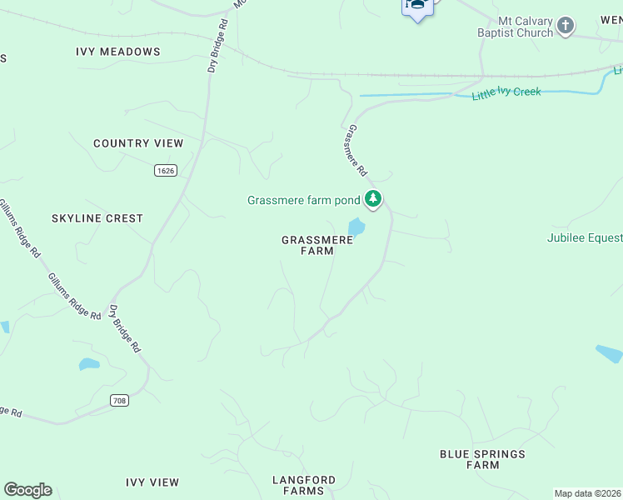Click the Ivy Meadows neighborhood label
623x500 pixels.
[x=117, y=52]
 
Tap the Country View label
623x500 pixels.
[x=138, y=143]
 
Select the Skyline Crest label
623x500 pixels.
[x=97, y=218]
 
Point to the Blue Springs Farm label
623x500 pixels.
[x=483, y=459]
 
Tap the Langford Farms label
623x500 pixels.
[x=304, y=485]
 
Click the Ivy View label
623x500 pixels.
[x=152, y=482]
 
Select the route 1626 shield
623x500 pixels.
[x=165, y=170]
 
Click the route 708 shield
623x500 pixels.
[x=120, y=401]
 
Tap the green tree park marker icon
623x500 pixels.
[x=374, y=199]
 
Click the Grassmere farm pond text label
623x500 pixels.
[x=303, y=200]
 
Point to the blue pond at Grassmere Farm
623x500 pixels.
[x=356, y=227]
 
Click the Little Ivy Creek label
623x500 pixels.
[x=506, y=93]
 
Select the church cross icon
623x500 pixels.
[x=566, y=26]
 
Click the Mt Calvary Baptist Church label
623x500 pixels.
[x=514, y=27]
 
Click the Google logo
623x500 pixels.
[x=27, y=490]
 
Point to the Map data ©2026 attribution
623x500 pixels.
[x=588, y=493]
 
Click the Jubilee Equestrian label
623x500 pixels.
[x=584, y=237]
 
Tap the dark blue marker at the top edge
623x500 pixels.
[x=417, y=7]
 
